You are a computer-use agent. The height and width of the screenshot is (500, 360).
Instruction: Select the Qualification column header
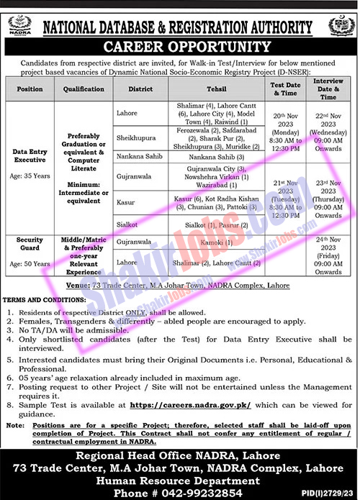click(x=84, y=90)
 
